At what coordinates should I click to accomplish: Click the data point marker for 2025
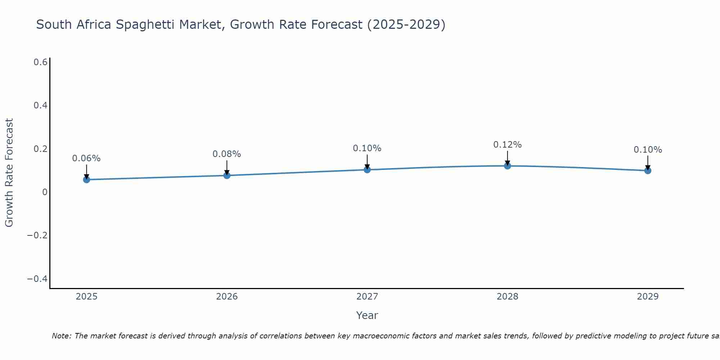(86, 179)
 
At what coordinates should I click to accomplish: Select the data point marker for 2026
(227, 175)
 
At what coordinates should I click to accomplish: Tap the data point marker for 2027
(367, 170)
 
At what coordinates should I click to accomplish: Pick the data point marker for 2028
(507, 166)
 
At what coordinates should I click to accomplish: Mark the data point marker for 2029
(648, 171)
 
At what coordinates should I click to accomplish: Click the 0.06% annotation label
(86, 158)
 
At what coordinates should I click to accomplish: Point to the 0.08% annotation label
(227, 154)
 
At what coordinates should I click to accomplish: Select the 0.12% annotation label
(507, 145)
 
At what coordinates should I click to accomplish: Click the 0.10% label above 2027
(367, 148)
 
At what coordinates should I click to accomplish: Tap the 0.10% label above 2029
(648, 150)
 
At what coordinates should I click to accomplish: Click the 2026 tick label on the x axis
(227, 297)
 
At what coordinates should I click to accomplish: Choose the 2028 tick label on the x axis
(507, 297)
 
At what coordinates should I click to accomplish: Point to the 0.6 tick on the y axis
(40, 62)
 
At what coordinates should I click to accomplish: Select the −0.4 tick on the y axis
(37, 279)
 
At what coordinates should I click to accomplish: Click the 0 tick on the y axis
(45, 192)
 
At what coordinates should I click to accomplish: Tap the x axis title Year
(367, 315)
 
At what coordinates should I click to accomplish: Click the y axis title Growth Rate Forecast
(9, 173)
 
